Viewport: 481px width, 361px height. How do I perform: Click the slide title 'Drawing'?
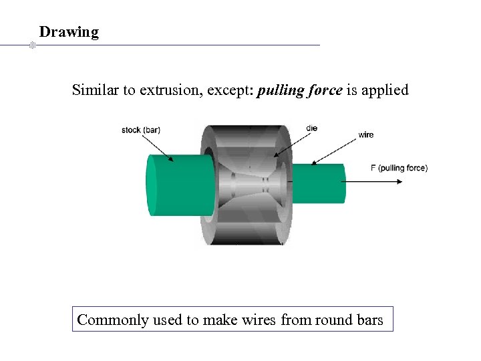pos(69,32)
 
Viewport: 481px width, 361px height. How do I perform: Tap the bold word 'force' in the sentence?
pos(324,90)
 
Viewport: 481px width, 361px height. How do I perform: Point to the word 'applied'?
pos(384,90)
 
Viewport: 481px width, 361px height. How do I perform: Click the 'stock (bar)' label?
pos(141,130)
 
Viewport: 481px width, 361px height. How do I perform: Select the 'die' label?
pos(311,128)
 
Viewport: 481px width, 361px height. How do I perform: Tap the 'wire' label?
pos(366,135)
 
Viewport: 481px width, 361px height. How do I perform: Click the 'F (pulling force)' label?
pos(399,168)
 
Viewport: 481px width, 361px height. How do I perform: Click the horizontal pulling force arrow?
pos(374,180)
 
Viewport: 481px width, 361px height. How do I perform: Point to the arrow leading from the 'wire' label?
pos(334,150)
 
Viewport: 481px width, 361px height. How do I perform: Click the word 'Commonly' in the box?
pos(112,320)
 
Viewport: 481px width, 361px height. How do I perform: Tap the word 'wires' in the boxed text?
pos(259,320)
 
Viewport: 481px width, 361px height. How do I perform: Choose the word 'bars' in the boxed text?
pos(370,320)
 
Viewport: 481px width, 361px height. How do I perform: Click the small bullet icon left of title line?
pos(32,45)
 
